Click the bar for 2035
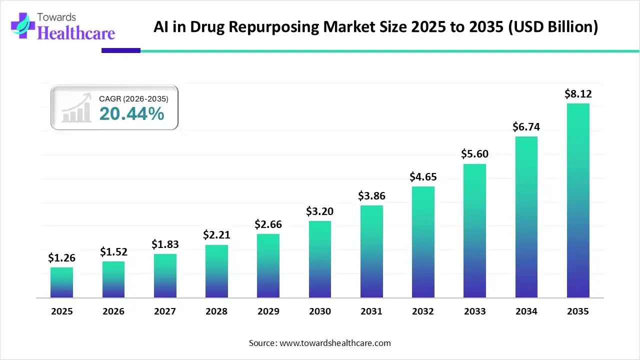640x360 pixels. [578, 200]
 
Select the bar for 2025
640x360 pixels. [61, 282]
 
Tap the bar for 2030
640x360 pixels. [320, 259]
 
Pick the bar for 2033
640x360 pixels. [474, 230]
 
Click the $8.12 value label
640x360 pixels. [578, 93]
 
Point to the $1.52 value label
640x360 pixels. [113, 251]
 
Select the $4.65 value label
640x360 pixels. [423, 176]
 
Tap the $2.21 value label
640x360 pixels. [216, 234]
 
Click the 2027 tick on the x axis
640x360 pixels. [165, 311]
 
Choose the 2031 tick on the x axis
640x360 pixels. [371, 311]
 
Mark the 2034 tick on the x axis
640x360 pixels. [526, 311]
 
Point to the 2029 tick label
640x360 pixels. [268, 311]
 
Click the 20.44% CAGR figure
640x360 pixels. [131, 114]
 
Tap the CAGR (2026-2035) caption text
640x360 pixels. [133, 99]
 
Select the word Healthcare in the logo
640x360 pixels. [76, 33]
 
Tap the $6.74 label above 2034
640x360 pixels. [526, 127]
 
